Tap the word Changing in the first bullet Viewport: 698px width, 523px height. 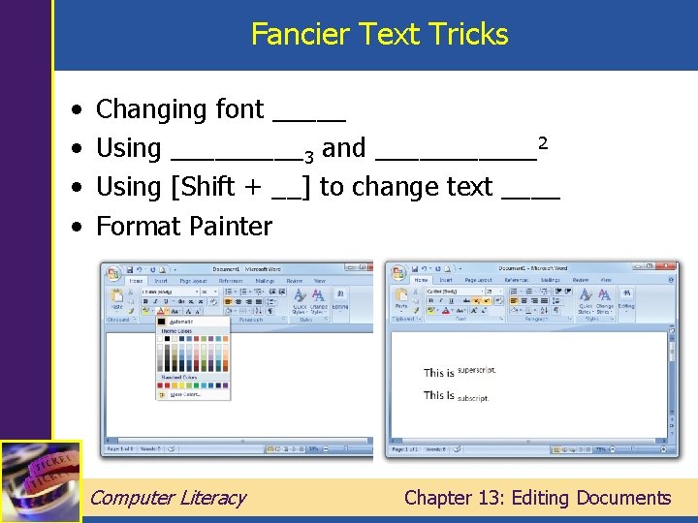point(153,110)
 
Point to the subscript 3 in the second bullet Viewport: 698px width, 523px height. point(308,156)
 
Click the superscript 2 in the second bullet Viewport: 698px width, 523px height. point(544,142)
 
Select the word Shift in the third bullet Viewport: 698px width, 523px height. point(216,187)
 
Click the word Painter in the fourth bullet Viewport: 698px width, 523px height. point(231,227)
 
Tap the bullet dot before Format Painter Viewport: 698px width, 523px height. point(77,227)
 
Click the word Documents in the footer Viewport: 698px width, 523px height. point(623,498)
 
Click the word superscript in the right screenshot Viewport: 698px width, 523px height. point(476,370)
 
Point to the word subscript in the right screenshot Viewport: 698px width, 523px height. point(473,397)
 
